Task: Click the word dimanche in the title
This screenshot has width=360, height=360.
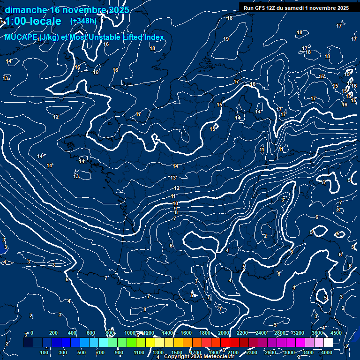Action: [x=26, y=10]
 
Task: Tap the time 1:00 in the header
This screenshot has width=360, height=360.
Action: [x=15, y=21]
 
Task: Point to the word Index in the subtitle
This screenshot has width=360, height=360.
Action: [x=153, y=37]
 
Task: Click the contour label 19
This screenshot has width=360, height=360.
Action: [x=226, y=39]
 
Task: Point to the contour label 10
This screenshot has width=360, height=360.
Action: [x=175, y=203]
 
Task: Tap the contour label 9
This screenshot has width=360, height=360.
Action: [x=175, y=209]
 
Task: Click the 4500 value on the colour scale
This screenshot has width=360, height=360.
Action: [x=336, y=333]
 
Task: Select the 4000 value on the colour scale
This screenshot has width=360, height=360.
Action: [x=327, y=352]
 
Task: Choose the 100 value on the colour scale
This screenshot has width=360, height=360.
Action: [x=45, y=352]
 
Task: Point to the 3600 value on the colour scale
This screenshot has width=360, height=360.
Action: [x=317, y=333]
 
